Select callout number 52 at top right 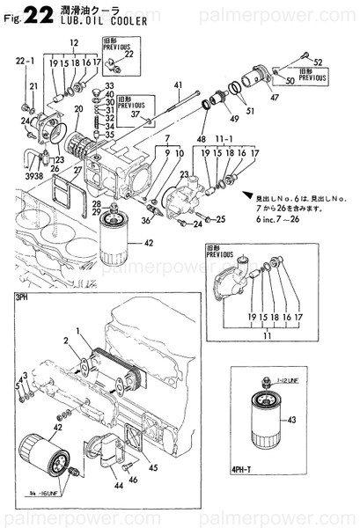pos(319,61)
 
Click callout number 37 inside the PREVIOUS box pos(134,114)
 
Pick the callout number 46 pos(134,480)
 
